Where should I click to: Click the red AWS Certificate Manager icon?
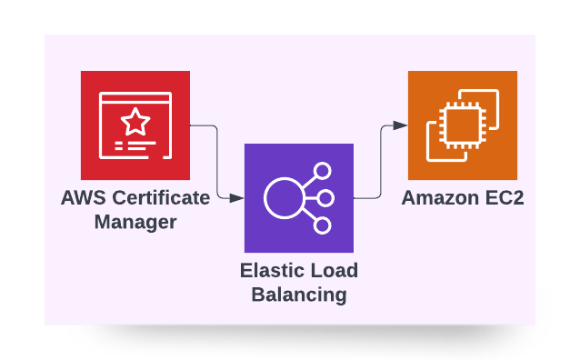pyautogui.click(x=135, y=125)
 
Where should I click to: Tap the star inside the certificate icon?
pyautogui.click(x=135, y=119)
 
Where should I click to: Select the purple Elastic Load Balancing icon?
pyautogui.click(x=299, y=197)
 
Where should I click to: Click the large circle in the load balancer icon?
pyautogui.click(x=283, y=198)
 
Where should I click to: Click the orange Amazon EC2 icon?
pyautogui.click(x=463, y=125)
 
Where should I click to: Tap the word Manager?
pyautogui.click(x=135, y=221)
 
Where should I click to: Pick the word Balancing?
pyautogui.click(x=299, y=294)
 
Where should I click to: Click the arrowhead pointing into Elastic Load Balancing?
pyautogui.click(x=238, y=197)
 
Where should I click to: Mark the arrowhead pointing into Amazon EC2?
pyautogui.click(x=401, y=125)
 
